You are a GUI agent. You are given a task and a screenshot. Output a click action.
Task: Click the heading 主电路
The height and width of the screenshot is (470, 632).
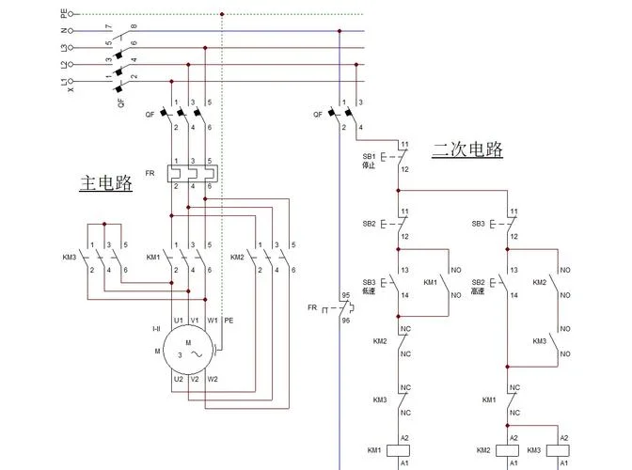click(x=106, y=182)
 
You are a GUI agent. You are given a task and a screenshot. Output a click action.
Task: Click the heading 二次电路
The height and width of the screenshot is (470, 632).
click(x=467, y=149)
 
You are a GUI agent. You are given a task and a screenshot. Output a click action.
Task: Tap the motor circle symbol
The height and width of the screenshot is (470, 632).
click(x=188, y=350)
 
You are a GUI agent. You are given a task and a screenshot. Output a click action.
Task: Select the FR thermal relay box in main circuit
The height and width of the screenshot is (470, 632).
click(x=193, y=174)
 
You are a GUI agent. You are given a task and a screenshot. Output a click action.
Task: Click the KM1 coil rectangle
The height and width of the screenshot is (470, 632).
click(x=398, y=450)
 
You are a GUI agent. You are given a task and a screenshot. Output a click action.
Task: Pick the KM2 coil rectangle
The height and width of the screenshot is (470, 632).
click(x=508, y=450)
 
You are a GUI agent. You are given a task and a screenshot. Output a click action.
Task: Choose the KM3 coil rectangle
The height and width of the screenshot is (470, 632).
click(x=558, y=450)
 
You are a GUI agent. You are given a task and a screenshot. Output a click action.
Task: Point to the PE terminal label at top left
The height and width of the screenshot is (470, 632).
click(x=64, y=14)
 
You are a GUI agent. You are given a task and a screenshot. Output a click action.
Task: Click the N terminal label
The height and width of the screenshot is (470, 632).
click(x=64, y=31)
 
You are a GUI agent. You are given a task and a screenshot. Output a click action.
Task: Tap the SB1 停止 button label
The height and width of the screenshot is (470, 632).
click(x=369, y=161)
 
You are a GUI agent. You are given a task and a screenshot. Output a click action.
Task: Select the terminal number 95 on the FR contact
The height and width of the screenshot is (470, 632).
click(x=346, y=295)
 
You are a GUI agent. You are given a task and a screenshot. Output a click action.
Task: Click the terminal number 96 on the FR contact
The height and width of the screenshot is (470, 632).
click(x=346, y=321)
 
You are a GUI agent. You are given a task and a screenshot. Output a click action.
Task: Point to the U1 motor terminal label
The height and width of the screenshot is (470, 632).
click(x=178, y=321)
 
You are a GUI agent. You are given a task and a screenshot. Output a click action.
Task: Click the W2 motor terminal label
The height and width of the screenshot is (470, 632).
click(x=213, y=379)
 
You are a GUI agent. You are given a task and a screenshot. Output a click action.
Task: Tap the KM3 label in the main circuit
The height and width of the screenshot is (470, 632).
click(x=70, y=257)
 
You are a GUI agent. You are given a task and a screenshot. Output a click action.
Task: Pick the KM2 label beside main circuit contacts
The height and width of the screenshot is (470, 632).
click(x=237, y=257)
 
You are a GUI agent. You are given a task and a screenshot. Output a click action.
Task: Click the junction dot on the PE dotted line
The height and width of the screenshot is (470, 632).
click(x=222, y=14)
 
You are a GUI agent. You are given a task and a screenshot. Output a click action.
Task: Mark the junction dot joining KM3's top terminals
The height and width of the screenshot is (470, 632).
click(x=104, y=224)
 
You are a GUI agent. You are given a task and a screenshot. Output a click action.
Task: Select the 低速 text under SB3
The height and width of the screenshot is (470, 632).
click(x=369, y=290)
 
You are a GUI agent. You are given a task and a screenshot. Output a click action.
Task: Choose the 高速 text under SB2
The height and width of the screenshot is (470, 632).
click(x=478, y=290)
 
